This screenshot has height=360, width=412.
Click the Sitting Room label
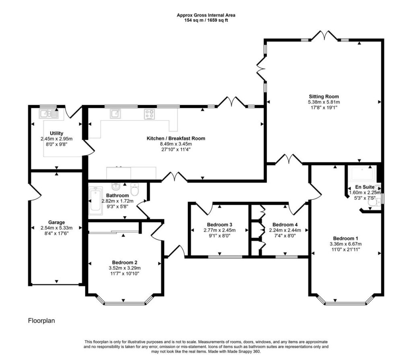[324, 97]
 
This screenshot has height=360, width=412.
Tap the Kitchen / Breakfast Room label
[176, 138]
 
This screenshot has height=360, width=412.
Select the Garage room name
[56, 222]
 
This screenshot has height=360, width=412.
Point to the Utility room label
[56, 133]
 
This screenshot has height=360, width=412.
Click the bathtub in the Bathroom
[96, 201]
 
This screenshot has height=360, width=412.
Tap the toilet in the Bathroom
[135, 189]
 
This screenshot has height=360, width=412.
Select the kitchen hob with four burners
[149, 114]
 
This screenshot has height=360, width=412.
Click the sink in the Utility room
[49, 114]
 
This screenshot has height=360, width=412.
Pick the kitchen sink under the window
[115, 114]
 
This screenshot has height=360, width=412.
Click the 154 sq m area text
[194, 20]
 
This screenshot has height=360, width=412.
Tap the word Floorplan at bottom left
[41, 321]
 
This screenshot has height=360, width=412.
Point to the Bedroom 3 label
[219, 225]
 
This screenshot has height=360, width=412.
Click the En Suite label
[365, 187]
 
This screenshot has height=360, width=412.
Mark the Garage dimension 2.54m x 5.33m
[56, 228]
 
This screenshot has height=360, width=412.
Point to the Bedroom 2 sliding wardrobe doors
[114, 232]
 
